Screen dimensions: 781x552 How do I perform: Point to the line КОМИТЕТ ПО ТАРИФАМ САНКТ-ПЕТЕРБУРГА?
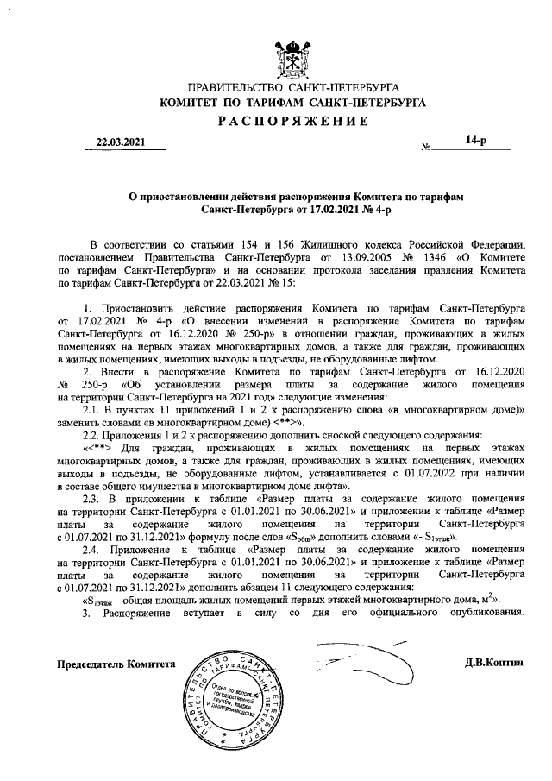[292, 103]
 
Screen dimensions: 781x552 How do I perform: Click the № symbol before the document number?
[426, 148]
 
